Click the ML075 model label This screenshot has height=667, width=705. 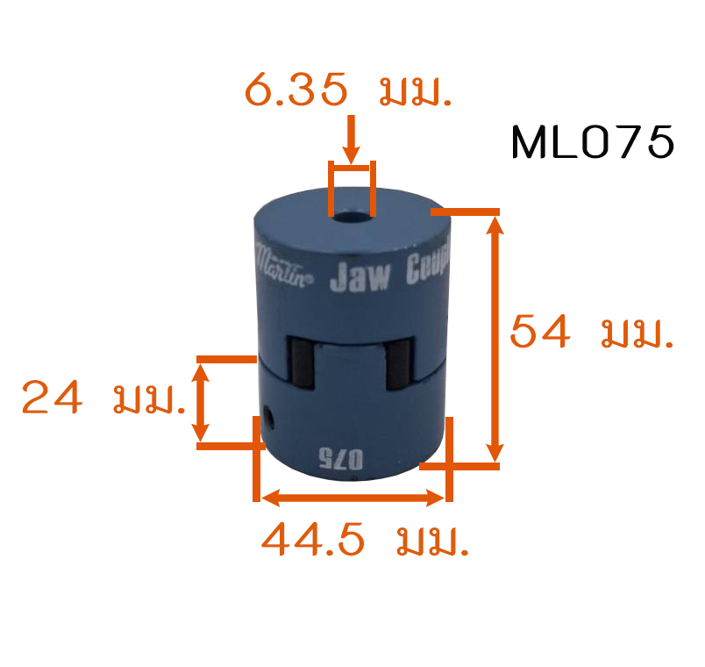point(593,142)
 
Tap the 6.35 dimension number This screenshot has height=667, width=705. point(296,90)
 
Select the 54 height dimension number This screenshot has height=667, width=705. point(540,332)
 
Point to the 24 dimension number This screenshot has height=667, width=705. point(52,397)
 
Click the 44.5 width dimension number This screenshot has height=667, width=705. point(313,539)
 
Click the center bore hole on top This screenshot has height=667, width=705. point(352,217)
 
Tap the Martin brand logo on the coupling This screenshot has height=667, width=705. point(283,265)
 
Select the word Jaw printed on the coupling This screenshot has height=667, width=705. point(360,276)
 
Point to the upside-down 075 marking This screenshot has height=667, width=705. point(340,459)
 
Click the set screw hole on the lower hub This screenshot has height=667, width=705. point(269,416)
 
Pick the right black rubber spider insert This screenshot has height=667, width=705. point(399,364)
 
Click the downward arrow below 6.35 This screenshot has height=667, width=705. point(351,140)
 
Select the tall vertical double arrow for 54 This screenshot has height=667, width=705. point(495,339)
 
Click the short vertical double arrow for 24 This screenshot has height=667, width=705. point(201,402)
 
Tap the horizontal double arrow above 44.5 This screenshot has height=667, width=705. point(352,498)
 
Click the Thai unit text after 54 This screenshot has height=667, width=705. point(637,335)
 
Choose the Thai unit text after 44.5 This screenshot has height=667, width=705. point(432,541)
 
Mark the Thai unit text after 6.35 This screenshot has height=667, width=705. point(415,92)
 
